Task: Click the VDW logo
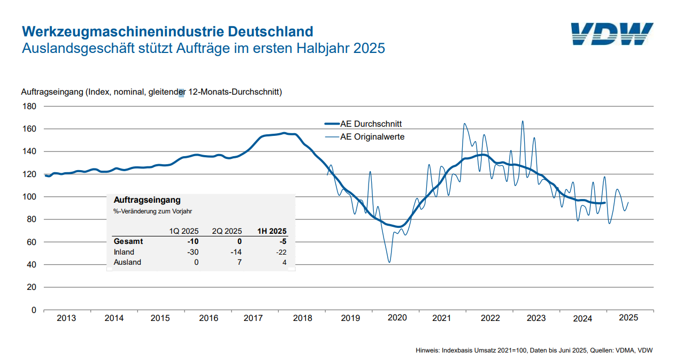612,34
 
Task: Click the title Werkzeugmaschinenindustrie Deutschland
167,30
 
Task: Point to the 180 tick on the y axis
30,106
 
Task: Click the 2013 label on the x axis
66,318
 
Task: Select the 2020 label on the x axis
397,318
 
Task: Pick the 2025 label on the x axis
628,317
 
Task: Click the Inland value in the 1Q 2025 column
193,252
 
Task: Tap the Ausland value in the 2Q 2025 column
239,262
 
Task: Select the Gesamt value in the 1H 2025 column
283,241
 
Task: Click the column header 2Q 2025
227,231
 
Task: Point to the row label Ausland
127,262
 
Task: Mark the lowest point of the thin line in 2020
389,262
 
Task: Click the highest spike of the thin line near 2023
523,121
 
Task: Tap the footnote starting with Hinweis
534,350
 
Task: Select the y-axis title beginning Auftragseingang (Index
151,92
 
